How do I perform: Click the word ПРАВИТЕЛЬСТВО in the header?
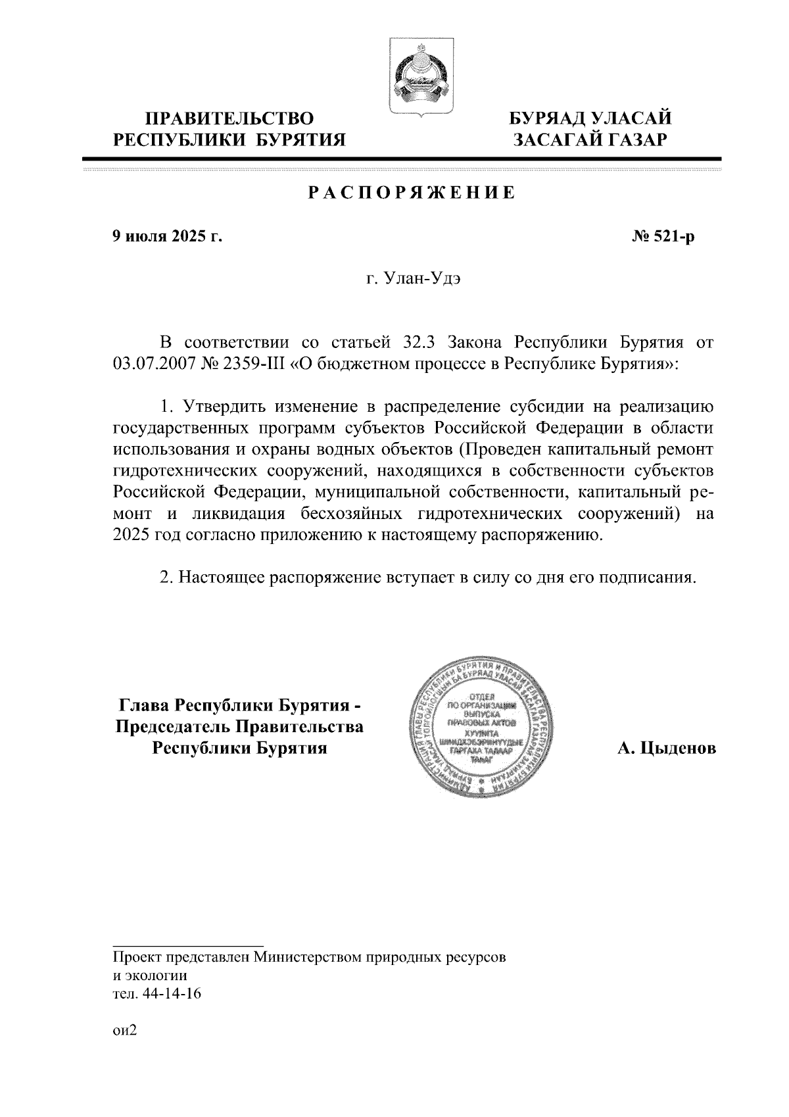pos(229,119)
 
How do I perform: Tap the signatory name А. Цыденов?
pos(666,749)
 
